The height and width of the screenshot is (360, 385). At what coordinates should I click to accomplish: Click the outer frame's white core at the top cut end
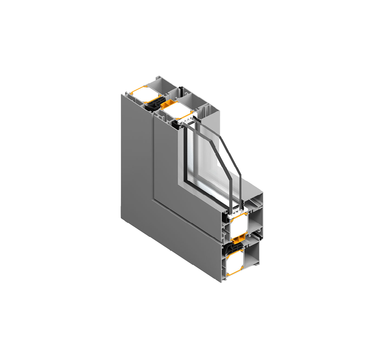tap(146, 93)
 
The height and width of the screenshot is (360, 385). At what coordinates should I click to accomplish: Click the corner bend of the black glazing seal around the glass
tap(185, 178)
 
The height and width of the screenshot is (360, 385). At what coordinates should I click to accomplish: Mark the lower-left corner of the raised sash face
tap(154, 199)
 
